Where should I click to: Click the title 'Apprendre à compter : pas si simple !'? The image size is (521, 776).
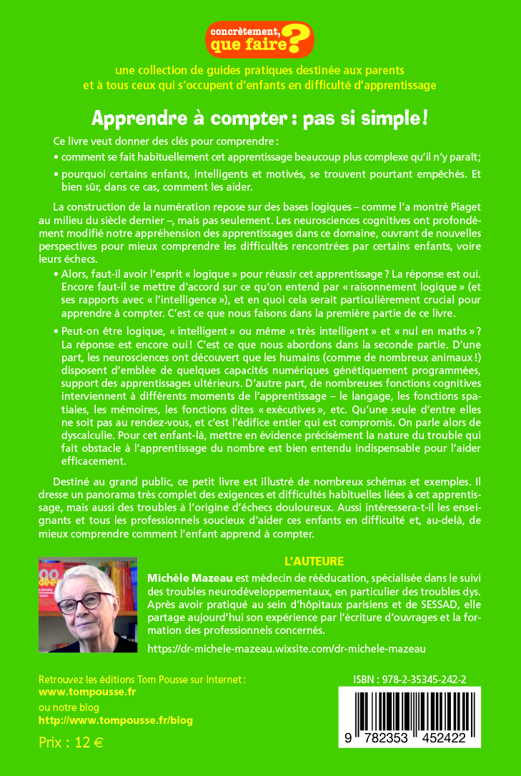coord(260,118)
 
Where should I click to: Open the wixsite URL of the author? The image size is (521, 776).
coord(286,648)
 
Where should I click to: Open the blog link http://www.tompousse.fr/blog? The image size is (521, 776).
coord(115,720)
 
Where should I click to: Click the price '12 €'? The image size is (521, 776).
coord(89,742)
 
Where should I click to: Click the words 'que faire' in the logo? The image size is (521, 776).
coord(245,46)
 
